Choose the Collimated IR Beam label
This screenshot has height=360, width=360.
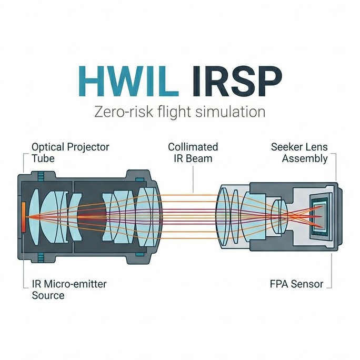(193, 152)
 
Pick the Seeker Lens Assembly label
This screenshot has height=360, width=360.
(299, 152)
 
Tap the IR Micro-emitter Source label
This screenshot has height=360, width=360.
(68, 289)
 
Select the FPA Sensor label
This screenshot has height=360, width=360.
(295, 285)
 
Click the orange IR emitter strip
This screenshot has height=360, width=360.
(23, 216)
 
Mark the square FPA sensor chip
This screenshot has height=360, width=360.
(319, 216)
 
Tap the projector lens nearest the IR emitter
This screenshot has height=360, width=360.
(35, 216)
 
